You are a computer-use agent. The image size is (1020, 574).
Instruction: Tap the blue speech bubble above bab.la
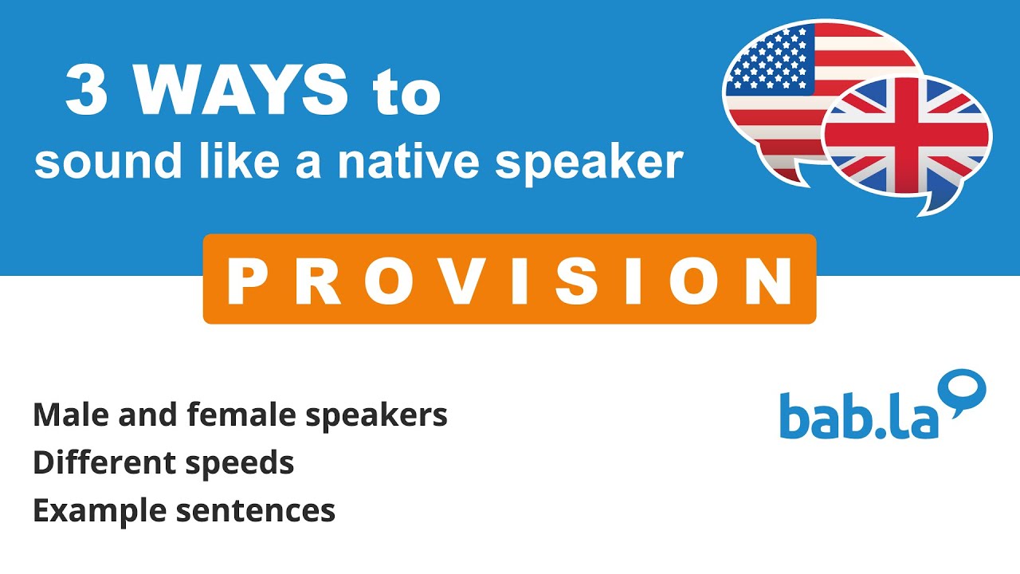click(x=966, y=391)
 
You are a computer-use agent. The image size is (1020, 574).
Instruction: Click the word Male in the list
click(x=65, y=415)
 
